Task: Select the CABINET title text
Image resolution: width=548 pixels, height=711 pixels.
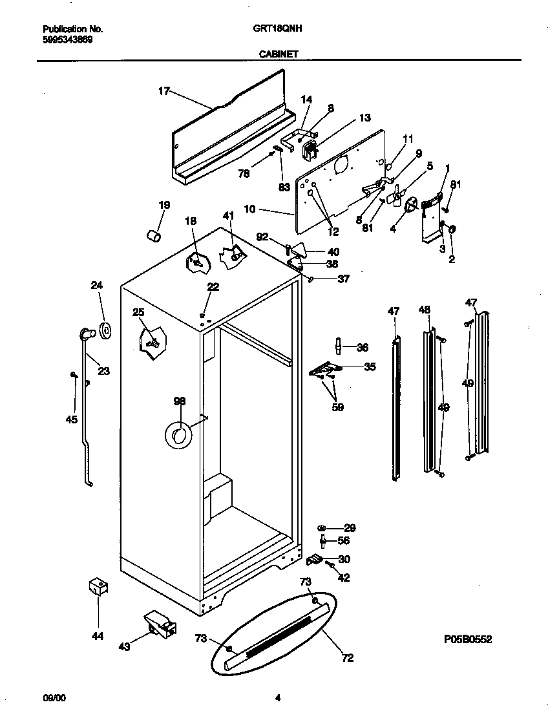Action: point(279,55)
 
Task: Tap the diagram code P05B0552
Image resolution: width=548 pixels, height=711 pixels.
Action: point(468,639)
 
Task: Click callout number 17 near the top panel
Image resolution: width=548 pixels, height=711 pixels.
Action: point(163,91)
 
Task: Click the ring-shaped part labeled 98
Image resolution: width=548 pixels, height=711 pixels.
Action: point(178,435)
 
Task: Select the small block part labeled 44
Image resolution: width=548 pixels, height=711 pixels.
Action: point(98,586)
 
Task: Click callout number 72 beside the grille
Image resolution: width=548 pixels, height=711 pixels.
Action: point(347,658)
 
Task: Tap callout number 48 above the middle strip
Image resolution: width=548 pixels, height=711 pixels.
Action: point(424,310)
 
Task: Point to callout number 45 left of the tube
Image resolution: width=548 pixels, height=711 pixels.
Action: point(71,419)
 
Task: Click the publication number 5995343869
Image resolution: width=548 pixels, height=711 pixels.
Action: point(67,39)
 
